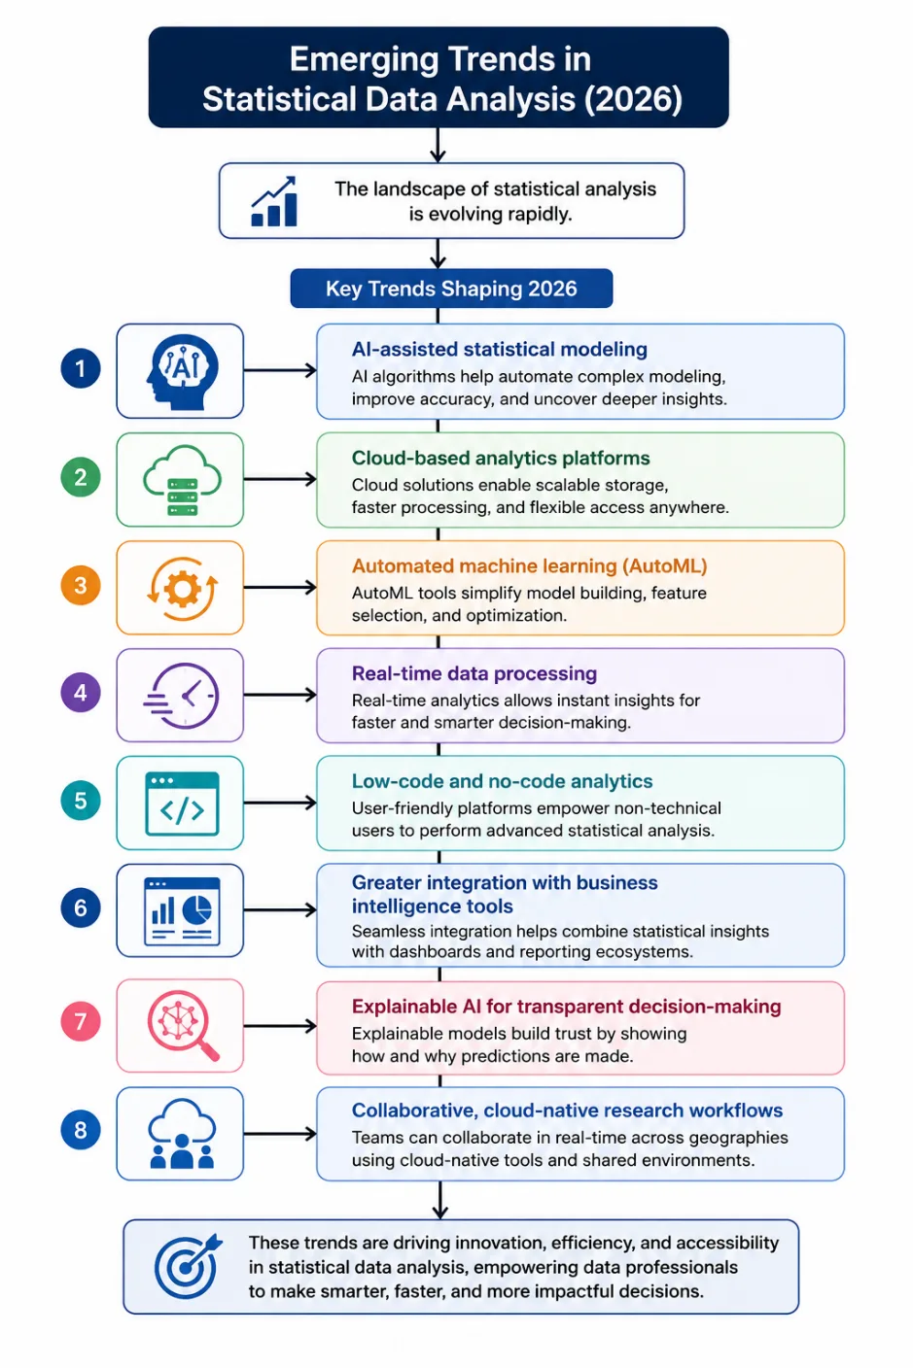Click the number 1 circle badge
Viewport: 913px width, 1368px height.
point(81,368)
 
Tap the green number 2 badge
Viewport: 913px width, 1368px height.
point(81,477)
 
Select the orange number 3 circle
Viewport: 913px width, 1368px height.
point(81,585)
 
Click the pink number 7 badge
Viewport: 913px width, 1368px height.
point(81,1020)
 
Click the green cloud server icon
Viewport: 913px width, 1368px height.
point(182,480)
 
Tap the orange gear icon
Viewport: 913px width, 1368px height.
point(182,589)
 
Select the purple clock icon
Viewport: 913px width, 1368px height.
point(182,695)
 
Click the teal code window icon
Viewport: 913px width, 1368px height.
point(182,804)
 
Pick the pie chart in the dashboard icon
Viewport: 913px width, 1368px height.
point(197,909)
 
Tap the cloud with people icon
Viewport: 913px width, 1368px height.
point(182,1134)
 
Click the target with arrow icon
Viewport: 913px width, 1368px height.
point(188,1266)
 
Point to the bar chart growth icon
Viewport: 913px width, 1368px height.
point(274,201)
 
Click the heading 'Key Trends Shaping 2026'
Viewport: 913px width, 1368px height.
point(451,289)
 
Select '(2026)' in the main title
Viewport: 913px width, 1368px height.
point(633,99)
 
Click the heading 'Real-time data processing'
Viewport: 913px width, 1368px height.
point(474,673)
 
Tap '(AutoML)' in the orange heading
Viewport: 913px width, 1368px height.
point(665,566)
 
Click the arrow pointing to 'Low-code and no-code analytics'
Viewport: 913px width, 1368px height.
point(280,803)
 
